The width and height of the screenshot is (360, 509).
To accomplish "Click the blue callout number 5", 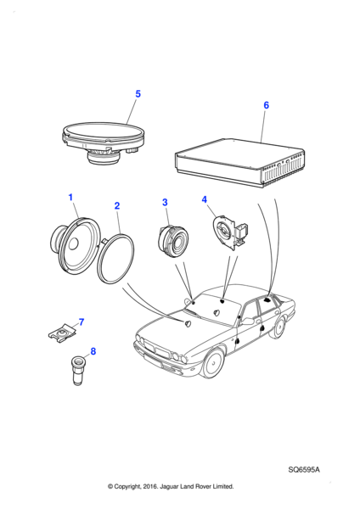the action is [x=138, y=94].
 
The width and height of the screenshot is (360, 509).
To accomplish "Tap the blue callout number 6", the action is [x=266, y=105].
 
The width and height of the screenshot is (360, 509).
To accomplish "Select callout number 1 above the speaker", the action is [x=70, y=197].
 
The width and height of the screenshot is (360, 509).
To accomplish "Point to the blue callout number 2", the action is [x=117, y=206].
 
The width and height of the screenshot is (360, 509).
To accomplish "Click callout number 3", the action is [x=165, y=202].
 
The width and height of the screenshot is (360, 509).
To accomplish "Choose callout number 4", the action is [x=204, y=199].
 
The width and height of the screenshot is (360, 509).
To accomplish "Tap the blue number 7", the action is [x=82, y=322].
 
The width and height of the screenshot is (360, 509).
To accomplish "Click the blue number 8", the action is [x=93, y=351].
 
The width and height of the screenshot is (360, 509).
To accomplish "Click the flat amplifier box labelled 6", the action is [x=239, y=163].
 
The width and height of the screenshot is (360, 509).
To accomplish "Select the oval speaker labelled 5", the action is [x=103, y=143].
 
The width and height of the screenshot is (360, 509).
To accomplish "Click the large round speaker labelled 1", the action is [x=75, y=246].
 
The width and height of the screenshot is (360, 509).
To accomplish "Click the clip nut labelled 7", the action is [x=62, y=332].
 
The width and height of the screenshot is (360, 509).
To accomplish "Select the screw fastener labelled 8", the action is [x=77, y=370].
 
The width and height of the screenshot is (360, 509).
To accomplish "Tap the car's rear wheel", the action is [x=278, y=327].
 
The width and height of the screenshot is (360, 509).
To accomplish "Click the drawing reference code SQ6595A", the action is [x=304, y=470].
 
